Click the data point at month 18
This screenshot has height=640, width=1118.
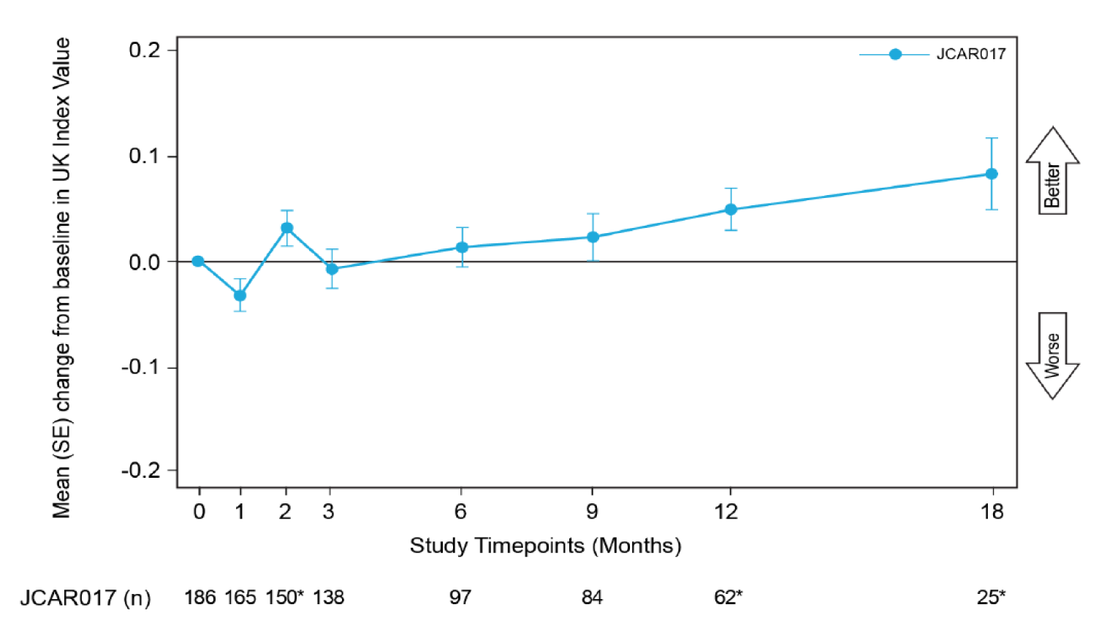point(991,174)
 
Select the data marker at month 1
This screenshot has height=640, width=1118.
point(240,296)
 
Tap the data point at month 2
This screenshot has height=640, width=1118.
point(287,228)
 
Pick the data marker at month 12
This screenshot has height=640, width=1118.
point(731,210)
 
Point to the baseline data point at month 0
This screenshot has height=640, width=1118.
point(198,262)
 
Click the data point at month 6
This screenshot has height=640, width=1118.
point(462,248)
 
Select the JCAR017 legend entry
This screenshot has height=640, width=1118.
point(932,54)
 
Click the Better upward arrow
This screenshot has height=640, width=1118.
point(1052,171)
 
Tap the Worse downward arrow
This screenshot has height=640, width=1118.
point(1052,356)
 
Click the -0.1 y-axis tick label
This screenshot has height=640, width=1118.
point(140,367)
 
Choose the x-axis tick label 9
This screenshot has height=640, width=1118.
point(592,511)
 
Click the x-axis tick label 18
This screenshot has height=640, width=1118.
point(992,511)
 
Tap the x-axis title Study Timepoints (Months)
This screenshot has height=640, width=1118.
point(545,546)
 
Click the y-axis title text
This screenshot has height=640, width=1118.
point(61,278)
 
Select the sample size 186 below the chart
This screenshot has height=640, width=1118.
point(199,598)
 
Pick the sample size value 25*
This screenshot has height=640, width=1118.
point(991,598)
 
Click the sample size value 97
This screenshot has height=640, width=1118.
point(460,598)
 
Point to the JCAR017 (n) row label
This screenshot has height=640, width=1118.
point(85,598)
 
